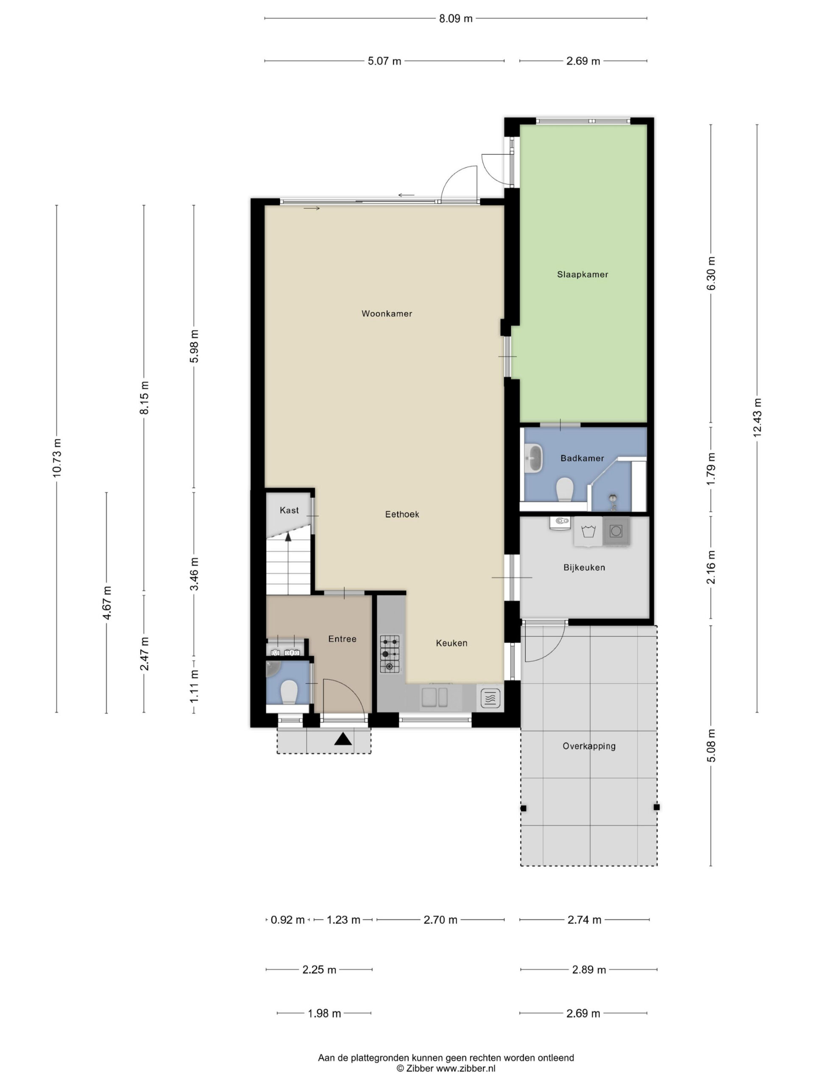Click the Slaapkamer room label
tap(582, 274)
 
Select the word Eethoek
tap(402, 514)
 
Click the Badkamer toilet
tap(565, 489)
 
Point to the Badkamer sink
tap(533, 458)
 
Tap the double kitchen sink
tap(435, 697)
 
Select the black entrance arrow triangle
tap(343, 739)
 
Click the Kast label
tap(289, 510)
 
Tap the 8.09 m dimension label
tap(455, 19)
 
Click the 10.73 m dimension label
tap(57, 457)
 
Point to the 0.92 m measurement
tap(287, 920)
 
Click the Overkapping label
tap(589, 746)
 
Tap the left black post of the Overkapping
tap(524, 808)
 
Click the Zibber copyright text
tap(446, 1068)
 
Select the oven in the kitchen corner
tap(490, 697)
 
